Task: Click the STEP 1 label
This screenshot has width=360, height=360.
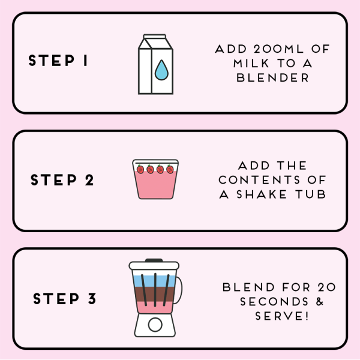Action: point(58,61)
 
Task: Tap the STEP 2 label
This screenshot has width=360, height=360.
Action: point(62,180)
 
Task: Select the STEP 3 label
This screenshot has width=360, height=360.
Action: point(64,299)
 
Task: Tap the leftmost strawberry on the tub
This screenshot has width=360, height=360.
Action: point(140,169)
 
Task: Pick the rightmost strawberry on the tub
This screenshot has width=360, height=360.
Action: point(169,169)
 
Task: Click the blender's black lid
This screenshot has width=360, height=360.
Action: point(154,262)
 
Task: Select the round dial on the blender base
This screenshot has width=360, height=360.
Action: point(154,325)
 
